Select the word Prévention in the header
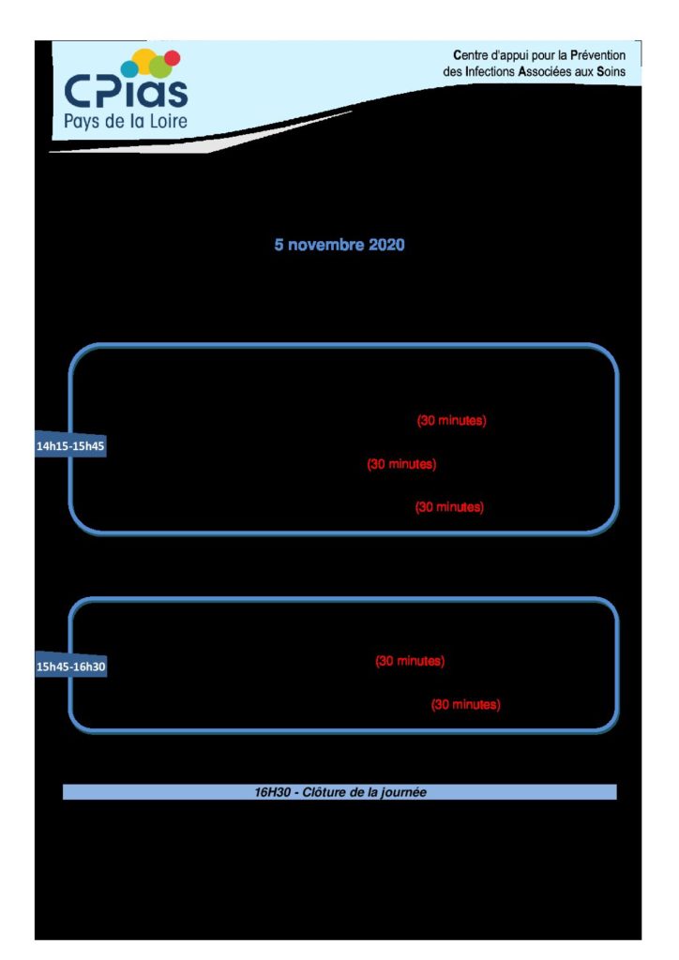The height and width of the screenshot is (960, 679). pos(597,55)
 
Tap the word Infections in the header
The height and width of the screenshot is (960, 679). pos(490,71)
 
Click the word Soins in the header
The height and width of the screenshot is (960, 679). pos(611,71)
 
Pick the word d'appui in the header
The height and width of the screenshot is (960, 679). pos(509,55)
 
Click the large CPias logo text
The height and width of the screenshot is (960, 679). pos(126,92)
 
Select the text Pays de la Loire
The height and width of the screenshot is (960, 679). pos(126,121)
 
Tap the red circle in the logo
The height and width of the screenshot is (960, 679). pos(173,57)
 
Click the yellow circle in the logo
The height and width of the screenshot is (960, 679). pos(144,60)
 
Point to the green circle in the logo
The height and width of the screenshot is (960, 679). pos(160,67)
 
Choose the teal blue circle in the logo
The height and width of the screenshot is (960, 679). pos(129,68)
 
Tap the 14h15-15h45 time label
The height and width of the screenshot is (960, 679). pos(70,446)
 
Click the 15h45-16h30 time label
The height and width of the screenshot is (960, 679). pos(70,667)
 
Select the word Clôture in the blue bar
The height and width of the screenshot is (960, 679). pos(324,792)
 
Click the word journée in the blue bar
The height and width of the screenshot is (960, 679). pos(403,793)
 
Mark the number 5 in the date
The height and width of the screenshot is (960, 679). pos(279,245)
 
